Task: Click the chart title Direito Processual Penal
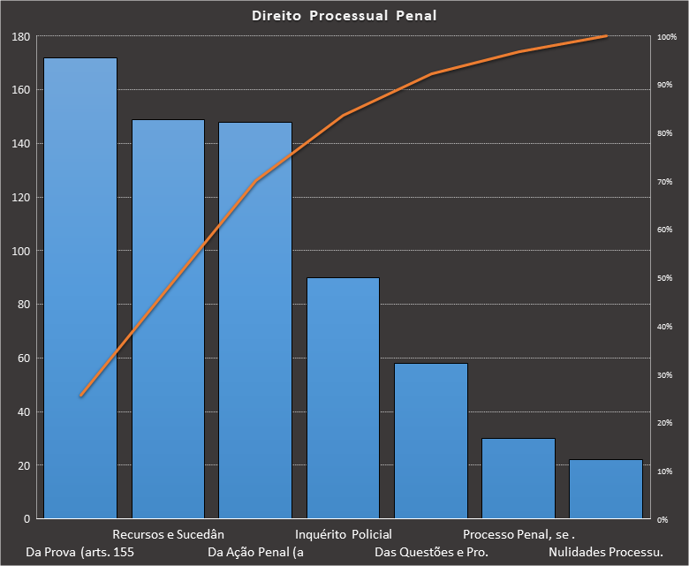344,16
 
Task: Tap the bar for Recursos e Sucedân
168,319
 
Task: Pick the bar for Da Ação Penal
255,320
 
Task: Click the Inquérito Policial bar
343,397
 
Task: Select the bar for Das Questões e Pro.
431,441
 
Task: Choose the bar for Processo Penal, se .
519,478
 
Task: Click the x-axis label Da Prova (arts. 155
80,553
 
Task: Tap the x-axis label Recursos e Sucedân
169,534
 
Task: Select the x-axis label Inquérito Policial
344,534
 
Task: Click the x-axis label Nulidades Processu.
606,553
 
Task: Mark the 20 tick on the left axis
24,465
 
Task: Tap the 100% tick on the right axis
667,37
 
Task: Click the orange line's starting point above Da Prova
80,396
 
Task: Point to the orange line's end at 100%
606,36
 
